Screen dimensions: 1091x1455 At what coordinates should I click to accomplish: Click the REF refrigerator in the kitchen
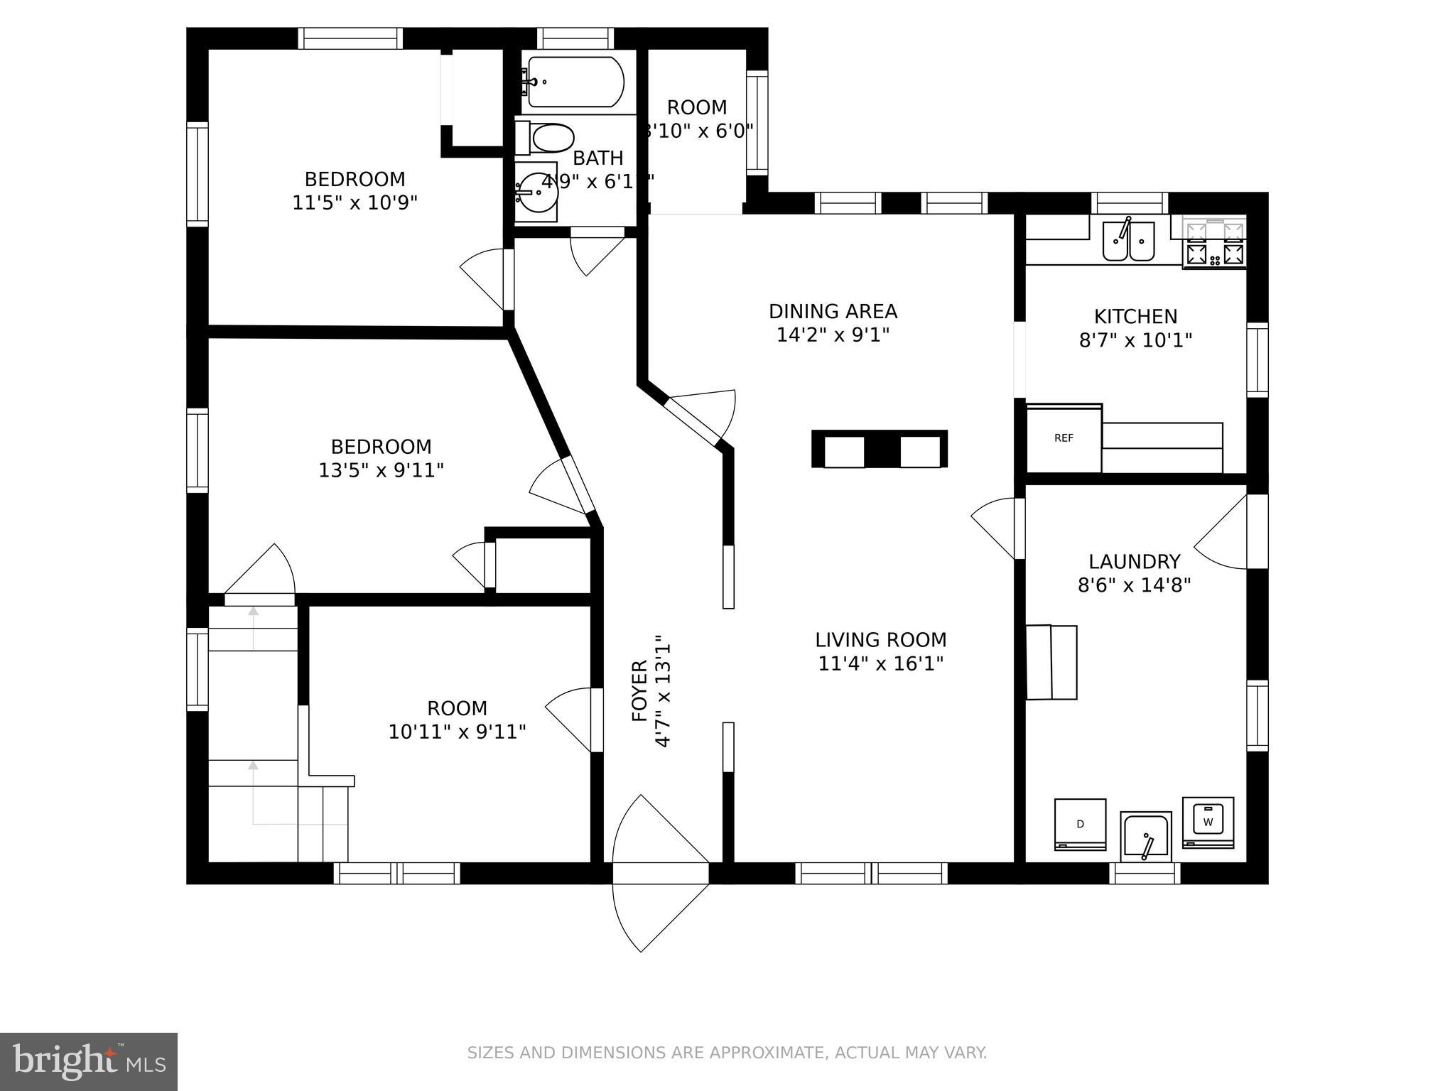1064,439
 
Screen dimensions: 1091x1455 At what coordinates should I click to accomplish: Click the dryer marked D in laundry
1080,824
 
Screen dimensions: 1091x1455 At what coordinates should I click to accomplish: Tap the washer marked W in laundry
1208,823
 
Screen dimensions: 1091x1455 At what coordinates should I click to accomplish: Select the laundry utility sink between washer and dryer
1145,837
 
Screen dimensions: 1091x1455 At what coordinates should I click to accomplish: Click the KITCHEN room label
1135,316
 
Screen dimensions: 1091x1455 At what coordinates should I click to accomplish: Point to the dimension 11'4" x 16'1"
881,664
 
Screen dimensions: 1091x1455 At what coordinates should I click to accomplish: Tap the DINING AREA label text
833,311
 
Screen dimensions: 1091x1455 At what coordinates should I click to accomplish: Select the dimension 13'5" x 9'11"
381,470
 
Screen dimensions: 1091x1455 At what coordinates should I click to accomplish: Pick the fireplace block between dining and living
879,449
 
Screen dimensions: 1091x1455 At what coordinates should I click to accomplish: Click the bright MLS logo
89,1062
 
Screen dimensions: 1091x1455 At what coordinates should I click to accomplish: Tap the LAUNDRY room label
1134,562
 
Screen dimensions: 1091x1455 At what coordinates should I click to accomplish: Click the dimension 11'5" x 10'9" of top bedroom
355,203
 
